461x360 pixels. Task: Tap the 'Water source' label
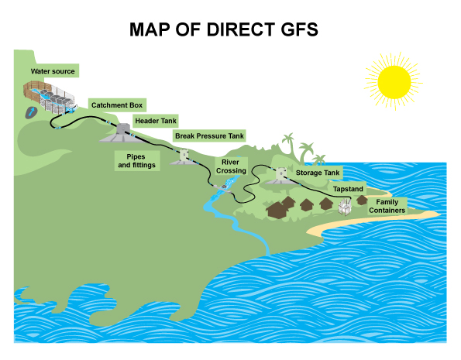[53, 72]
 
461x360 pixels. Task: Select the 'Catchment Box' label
[118, 105]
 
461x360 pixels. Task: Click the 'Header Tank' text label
[156, 121]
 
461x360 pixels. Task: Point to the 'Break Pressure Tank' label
[209, 136]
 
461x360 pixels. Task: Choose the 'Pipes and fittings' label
[136, 160]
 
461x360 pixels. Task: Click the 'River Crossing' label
[230, 166]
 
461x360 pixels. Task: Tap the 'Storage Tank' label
[318, 173]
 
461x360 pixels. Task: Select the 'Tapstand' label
[348, 188]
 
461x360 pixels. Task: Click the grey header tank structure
[120, 133]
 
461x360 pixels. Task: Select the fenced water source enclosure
[48, 97]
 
